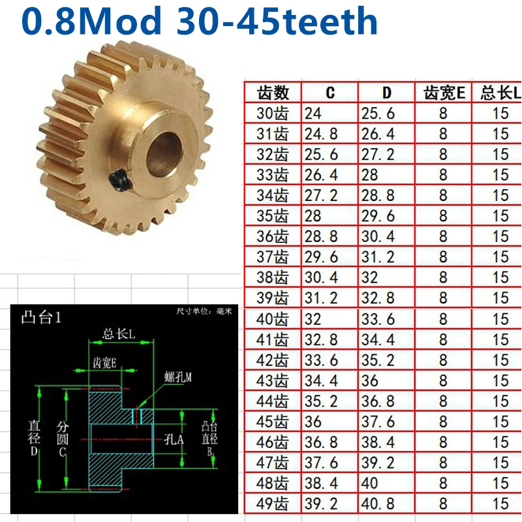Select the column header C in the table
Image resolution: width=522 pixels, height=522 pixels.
[x=330, y=92]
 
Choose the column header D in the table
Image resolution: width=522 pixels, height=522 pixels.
[x=387, y=92]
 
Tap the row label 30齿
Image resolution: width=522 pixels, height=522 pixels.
[x=273, y=113]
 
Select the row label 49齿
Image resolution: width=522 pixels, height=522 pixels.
[x=273, y=504]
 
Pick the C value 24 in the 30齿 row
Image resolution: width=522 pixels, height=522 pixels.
[x=313, y=113]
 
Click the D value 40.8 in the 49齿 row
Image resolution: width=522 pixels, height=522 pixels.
[x=378, y=504]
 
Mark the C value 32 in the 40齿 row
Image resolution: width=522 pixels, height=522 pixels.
[x=313, y=319]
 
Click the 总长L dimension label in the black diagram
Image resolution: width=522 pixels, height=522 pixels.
[x=119, y=335]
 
